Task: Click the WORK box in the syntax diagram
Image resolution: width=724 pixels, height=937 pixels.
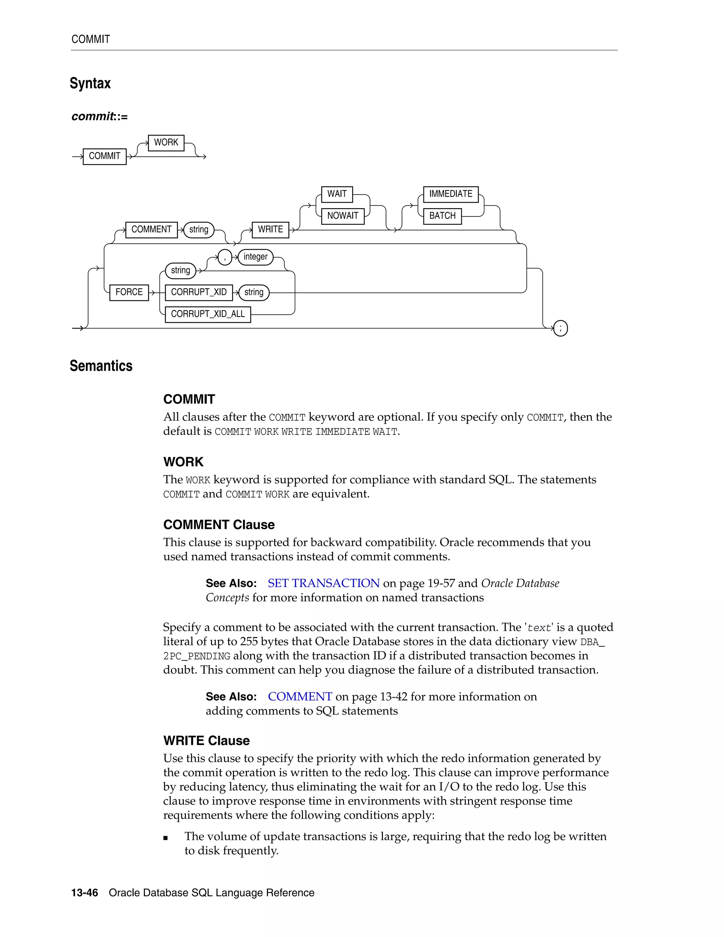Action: pyautogui.click(x=166, y=142)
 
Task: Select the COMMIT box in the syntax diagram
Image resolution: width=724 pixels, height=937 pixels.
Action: pyautogui.click(x=104, y=156)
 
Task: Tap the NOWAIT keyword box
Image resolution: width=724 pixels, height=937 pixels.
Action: pyautogui.click(x=342, y=216)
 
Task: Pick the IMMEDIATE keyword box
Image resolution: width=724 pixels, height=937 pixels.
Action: pyautogui.click(x=450, y=194)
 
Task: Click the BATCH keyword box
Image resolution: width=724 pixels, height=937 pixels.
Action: pyautogui.click(x=442, y=216)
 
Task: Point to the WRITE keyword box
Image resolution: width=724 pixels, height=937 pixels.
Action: pyautogui.click(x=270, y=229)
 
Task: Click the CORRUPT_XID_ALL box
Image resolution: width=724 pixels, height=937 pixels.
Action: pyautogui.click(x=208, y=314)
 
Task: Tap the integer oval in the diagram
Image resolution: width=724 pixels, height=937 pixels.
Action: pyautogui.click(x=255, y=257)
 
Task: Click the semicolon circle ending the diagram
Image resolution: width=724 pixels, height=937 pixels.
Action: pyautogui.click(x=560, y=328)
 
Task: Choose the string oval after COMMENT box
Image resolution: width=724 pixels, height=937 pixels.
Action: pyautogui.click(x=199, y=229)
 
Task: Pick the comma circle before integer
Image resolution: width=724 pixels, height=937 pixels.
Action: pyautogui.click(x=225, y=257)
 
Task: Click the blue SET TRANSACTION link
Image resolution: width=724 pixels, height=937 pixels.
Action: pyautogui.click(x=323, y=583)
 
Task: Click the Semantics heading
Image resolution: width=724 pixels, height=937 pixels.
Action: pyautogui.click(x=101, y=366)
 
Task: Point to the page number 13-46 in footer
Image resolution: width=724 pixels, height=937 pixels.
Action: pyautogui.click(x=84, y=892)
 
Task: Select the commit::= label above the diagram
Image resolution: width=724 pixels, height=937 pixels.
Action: pyautogui.click(x=99, y=116)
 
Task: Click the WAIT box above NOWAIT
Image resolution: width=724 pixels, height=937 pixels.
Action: pyautogui.click(x=337, y=194)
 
